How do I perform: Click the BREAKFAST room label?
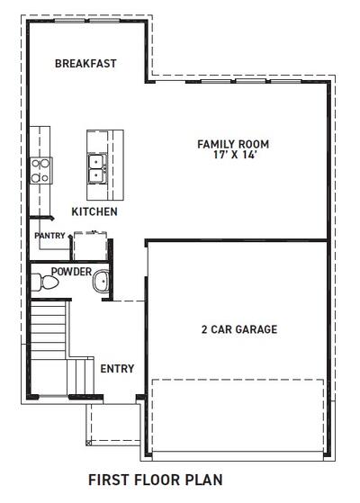click(86, 64)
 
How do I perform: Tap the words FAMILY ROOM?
click(233, 144)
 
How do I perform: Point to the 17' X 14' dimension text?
click(233, 155)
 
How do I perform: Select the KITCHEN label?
click(94, 212)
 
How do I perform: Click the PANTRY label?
click(49, 236)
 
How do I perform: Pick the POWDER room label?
click(71, 271)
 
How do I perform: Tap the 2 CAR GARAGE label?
click(238, 329)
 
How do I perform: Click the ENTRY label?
click(117, 368)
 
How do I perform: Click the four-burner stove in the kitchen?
click(41, 170)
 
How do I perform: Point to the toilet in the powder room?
click(39, 283)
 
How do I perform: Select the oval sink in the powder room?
click(101, 283)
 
